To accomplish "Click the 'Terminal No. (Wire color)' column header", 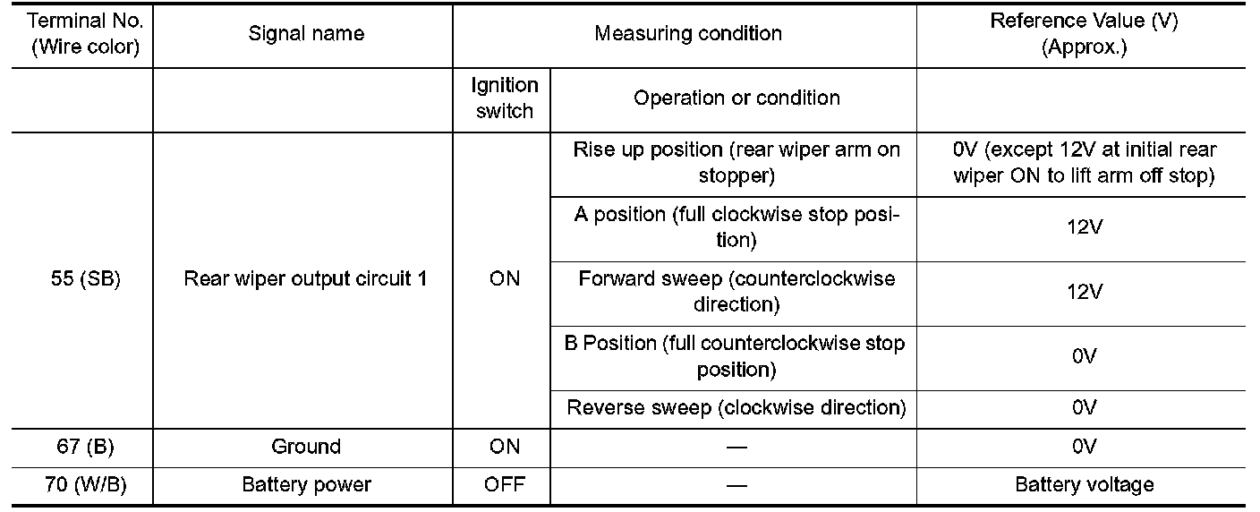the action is tap(86, 34).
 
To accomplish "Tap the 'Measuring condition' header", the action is tap(688, 34).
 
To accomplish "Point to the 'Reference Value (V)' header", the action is tap(1084, 34).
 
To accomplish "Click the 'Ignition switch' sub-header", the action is tap(505, 98).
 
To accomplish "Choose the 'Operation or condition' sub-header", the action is tap(736, 98).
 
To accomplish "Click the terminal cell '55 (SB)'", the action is tap(86, 278).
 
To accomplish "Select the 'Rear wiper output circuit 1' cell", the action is tap(305, 278).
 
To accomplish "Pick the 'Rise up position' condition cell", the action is tap(736, 163).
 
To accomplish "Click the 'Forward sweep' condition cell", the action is tap(736, 292).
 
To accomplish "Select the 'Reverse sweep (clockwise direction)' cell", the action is tap(736, 408).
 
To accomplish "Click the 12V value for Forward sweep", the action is tap(1084, 292).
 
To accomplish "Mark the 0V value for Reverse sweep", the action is tap(1084, 408).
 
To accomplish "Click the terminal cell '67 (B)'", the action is tap(86, 447).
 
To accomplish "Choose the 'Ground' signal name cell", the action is tap(306, 447).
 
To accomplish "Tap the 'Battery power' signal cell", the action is tap(306, 485).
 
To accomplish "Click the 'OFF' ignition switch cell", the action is tap(505, 485).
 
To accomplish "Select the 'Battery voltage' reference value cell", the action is tap(1084, 485).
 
